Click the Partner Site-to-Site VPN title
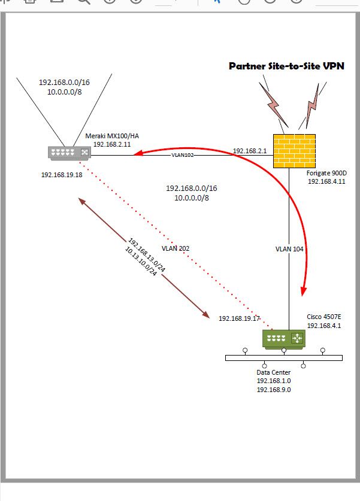tap(286, 66)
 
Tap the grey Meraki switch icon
tap(68, 153)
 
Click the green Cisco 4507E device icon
tap(283, 339)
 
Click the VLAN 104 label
tap(290, 248)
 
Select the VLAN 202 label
tap(176, 248)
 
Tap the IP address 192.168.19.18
tap(62, 175)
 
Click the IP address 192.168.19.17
tap(240, 318)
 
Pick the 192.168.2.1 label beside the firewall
tap(248, 151)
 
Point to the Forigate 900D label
tap(326, 173)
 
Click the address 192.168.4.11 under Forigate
tap(326, 181)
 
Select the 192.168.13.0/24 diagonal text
tap(147, 256)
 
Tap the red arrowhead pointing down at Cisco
tap(303, 292)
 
